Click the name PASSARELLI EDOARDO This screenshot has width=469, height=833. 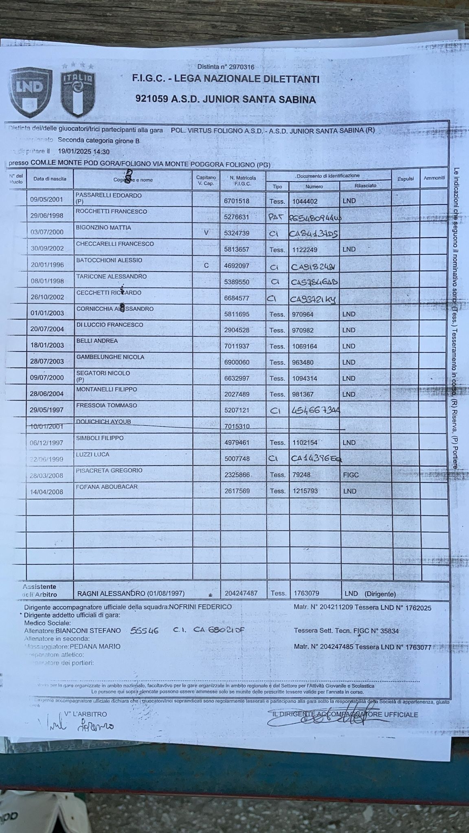pyautogui.click(x=108, y=195)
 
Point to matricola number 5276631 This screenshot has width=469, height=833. pyautogui.click(x=237, y=217)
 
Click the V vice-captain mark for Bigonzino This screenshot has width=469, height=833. pyautogui.click(x=206, y=233)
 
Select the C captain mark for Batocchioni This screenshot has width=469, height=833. pyautogui.click(x=206, y=266)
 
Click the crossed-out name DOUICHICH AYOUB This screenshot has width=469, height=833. pyautogui.click(x=103, y=422)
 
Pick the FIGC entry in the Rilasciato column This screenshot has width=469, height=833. pyautogui.click(x=351, y=475)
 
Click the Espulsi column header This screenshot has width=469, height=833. pyautogui.click(x=405, y=179)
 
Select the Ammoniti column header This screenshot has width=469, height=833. pyautogui.click(x=434, y=178)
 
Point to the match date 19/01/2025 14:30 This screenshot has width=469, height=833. pyautogui.click(x=83, y=151)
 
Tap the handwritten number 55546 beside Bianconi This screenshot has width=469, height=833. pyautogui.click(x=145, y=631)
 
